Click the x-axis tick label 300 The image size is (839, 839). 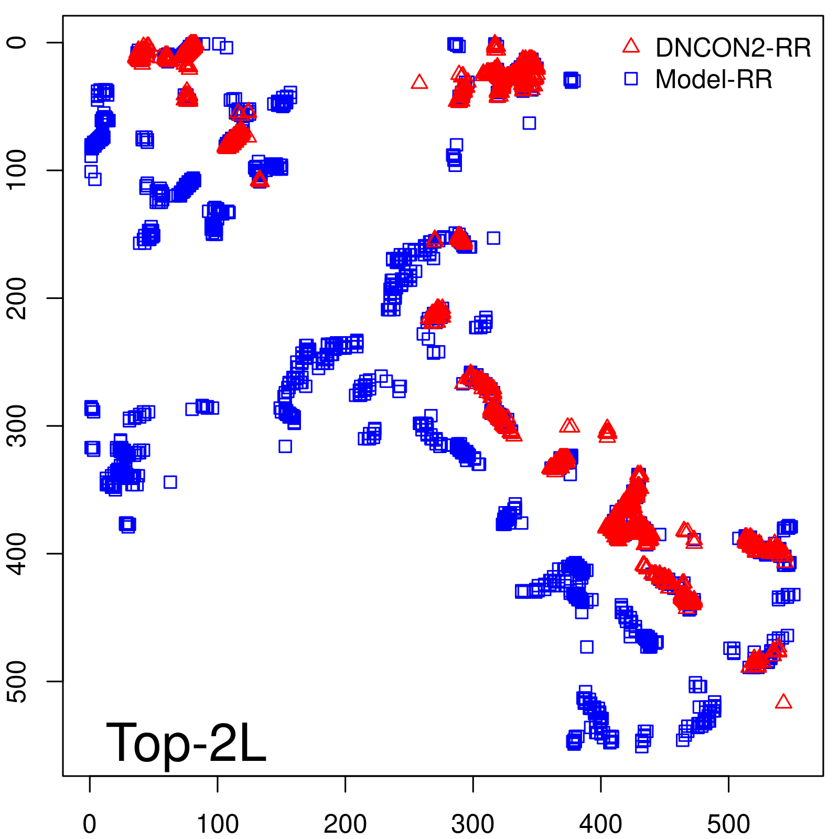pyautogui.click(x=472, y=824)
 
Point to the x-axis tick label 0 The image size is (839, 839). pyautogui.click(x=90, y=824)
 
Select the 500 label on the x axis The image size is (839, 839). pyautogui.click(x=728, y=824)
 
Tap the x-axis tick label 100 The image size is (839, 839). pyautogui.click(x=218, y=824)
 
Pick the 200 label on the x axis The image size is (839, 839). pyautogui.click(x=345, y=824)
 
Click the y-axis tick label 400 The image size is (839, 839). pyautogui.click(x=18, y=554)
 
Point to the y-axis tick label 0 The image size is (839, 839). pyautogui.click(x=18, y=42)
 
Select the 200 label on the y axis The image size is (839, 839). pyautogui.click(x=18, y=298)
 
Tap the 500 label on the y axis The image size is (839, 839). pyautogui.click(x=18, y=681)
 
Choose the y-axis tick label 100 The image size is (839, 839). pyautogui.click(x=18, y=170)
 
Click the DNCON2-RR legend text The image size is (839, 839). pyautogui.click(x=733, y=48)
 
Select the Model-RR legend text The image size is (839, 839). pyautogui.click(x=714, y=80)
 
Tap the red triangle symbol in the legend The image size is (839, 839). pyautogui.click(x=631, y=46)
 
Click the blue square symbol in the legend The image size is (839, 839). pyautogui.click(x=631, y=79)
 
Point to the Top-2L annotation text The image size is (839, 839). pyautogui.click(x=186, y=743)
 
